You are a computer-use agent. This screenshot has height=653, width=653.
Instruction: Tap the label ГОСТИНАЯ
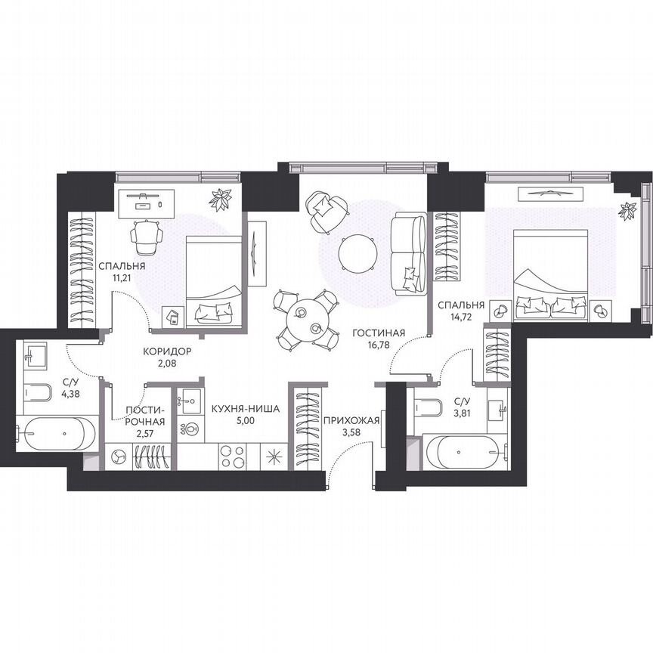(379, 333)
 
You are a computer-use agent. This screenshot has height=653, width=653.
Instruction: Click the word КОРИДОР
(167, 351)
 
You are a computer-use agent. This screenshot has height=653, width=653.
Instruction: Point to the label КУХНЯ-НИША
(245, 408)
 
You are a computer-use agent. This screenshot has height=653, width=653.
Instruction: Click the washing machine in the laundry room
(119, 456)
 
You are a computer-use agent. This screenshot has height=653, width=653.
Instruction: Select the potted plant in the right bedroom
(627, 209)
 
